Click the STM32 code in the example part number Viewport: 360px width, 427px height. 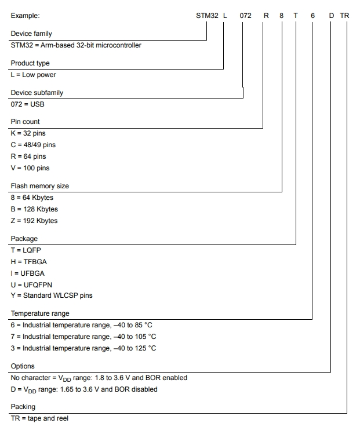207,15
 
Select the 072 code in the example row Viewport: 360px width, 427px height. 245,15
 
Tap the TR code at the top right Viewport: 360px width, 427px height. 344,15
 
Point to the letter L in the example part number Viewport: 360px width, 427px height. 224,15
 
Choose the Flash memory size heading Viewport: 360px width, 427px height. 40,186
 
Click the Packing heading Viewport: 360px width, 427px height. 23,407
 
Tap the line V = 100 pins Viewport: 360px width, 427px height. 30,168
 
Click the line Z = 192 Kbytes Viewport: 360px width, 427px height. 34,221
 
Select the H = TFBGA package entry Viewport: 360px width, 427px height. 30,261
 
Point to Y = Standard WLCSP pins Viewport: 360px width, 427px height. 52,295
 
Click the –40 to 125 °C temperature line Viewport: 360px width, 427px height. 83,348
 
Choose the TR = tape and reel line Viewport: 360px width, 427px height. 39,418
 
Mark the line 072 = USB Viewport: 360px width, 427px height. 27,104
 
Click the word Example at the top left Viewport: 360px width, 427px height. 26,16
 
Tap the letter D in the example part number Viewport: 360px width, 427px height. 332,15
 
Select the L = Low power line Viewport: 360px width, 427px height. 33,75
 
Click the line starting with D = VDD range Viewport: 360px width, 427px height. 84,389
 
